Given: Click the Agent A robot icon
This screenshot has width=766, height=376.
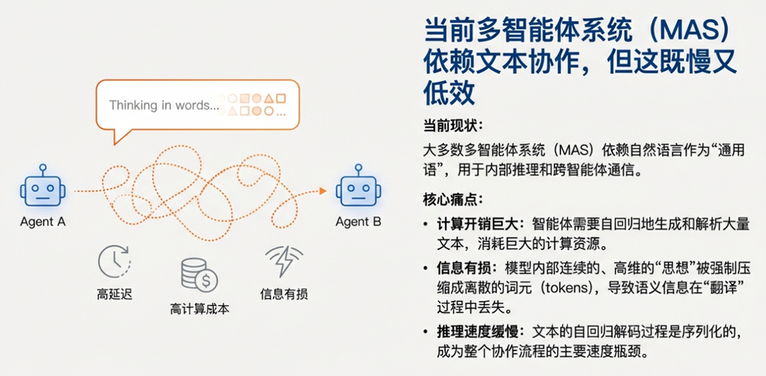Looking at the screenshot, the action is pyautogui.click(x=43, y=188).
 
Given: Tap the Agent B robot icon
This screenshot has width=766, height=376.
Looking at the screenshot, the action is pyautogui.click(x=358, y=188).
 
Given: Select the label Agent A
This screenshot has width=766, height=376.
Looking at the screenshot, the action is pyautogui.click(x=43, y=222).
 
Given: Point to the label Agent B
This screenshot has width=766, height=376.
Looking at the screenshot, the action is pyautogui.click(x=358, y=222).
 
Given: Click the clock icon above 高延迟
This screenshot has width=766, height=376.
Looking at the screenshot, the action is pyautogui.click(x=114, y=261).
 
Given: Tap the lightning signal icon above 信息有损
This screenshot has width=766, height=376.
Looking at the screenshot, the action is pyautogui.click(x=284, y=261).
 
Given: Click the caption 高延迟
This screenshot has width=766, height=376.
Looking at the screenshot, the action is pyautogui.click(x=114, y=295).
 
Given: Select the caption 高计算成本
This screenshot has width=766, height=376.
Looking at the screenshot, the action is pyautogui.click(x=199, y=309).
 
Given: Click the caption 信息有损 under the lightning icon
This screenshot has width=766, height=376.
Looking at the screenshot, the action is pyautogui.click(x=284, y=295).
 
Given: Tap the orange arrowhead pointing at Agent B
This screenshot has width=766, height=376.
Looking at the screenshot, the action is pyautogui.click(x=322, y=191).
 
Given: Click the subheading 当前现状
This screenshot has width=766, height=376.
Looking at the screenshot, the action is pyautogui.click(x=453, y=125).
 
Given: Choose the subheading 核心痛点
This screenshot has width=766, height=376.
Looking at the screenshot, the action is pyautogui.click(x=453, y=200).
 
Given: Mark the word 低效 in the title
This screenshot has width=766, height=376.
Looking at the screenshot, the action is pyautogui.click(x=450, y=92).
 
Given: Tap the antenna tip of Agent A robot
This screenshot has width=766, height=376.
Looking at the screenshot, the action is pyautogui.click(x=43, y=167).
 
